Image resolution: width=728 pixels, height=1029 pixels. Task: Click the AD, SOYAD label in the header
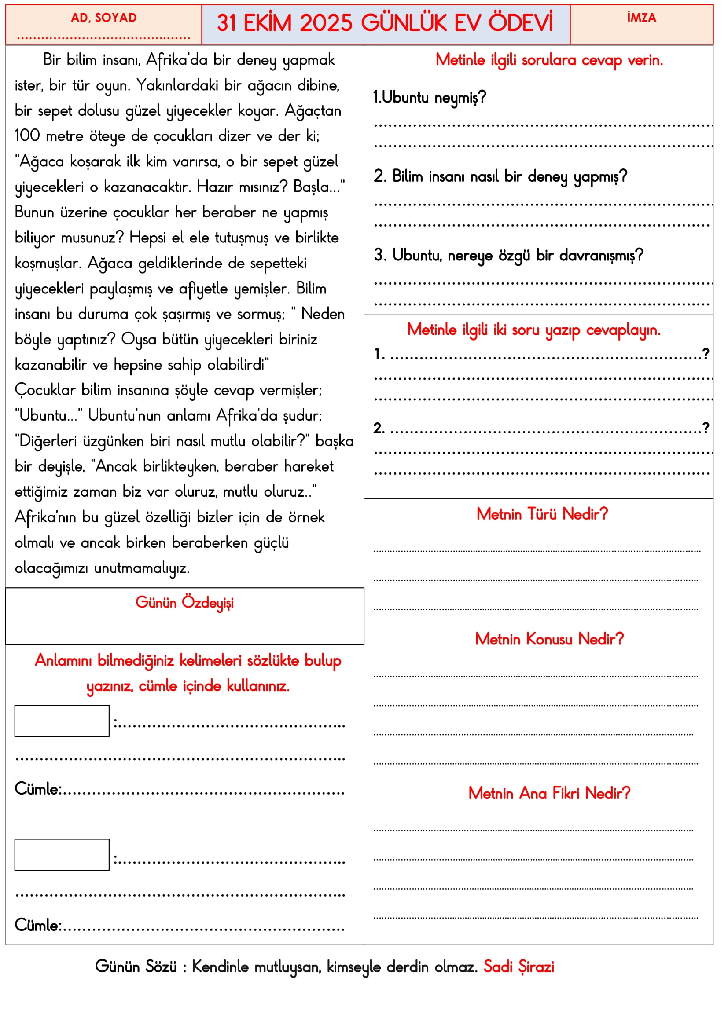(x=103, y=18)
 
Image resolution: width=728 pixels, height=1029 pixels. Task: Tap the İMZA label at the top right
(x=641, y=18)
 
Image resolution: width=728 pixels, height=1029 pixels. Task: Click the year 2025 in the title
(x=326, y=23)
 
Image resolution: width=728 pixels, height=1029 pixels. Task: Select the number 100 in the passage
(x=27, y=135)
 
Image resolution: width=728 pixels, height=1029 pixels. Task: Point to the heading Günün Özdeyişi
(x=184, y=603)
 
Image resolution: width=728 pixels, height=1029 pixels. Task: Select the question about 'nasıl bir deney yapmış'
(x=500, y=176)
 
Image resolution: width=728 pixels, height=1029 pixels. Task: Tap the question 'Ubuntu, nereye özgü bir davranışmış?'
(x=509, y=256)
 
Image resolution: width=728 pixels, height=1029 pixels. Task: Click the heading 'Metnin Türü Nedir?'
(x=542, y=514)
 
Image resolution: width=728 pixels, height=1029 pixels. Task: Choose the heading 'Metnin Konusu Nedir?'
(x=549, y=639)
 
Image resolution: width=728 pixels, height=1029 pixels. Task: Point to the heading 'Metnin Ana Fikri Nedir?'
(x=549, y=793)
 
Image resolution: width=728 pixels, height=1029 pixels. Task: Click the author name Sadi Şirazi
(x=518, y=967)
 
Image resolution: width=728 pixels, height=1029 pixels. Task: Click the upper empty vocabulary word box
(x=62, y=721)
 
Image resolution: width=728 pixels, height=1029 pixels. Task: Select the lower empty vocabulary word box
(x=62, y=854)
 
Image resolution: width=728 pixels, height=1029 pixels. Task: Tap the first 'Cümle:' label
(x=38, y=789)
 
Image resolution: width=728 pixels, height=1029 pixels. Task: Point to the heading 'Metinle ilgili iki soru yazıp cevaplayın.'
(x=533, y=330)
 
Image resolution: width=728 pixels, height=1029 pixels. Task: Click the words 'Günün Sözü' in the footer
(x=136, y=967)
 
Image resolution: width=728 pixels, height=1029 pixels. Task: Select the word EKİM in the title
(x=267, y=23)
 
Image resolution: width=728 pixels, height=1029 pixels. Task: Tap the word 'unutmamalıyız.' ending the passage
(x=142, y=568)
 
